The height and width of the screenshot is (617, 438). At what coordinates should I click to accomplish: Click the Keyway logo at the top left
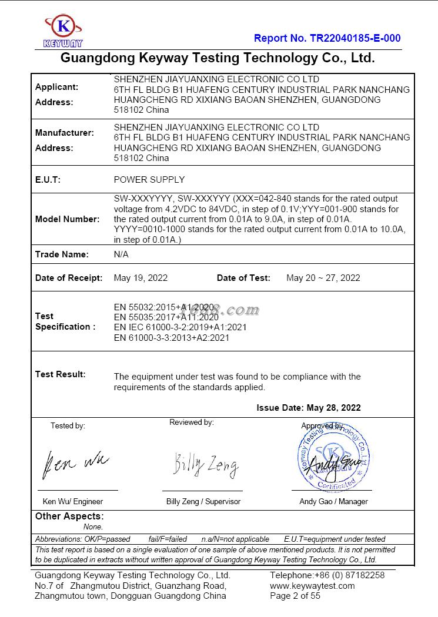63,31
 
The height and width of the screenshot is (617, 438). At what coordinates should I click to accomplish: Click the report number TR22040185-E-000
327,38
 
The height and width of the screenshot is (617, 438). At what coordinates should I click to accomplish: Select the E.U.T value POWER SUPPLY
149,180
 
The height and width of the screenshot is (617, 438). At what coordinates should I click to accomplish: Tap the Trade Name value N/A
121,254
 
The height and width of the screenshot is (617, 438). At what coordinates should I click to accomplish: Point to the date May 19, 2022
141,278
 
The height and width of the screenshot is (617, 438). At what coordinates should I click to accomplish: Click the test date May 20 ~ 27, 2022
323,278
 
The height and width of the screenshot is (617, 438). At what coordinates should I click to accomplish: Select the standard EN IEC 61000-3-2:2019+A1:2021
180,327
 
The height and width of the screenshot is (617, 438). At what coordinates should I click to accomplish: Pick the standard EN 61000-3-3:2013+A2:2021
171,338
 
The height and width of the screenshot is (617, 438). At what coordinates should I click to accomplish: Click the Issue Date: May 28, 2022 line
308,408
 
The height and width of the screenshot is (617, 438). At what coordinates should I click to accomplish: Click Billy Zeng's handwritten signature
205,465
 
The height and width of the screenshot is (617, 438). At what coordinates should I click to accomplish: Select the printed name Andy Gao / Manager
333,502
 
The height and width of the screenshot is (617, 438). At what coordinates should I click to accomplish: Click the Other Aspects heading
69,517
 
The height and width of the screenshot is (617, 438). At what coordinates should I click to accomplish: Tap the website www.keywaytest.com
312,586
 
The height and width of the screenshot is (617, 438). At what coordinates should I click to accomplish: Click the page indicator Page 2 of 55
295,596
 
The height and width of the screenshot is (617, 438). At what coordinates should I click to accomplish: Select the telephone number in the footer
327,575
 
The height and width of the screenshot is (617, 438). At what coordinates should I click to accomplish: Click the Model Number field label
67,219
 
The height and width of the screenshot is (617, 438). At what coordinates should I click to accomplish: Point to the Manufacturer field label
64,133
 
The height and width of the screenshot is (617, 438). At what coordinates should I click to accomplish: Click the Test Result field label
60,374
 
